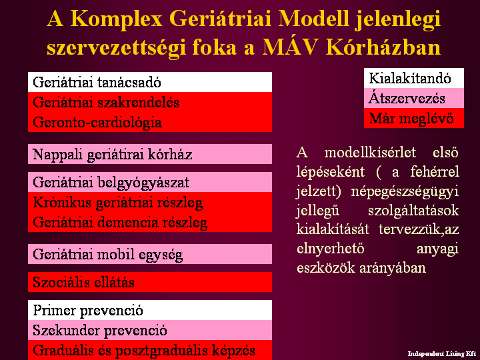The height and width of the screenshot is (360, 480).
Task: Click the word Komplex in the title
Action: [116, 19]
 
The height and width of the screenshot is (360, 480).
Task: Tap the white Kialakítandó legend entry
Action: [414, 78]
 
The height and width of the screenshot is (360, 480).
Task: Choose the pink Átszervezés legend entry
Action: [414, 98]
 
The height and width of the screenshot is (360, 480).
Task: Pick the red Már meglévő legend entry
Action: [414, 118]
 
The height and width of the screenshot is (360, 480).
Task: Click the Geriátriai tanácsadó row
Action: [150, 82]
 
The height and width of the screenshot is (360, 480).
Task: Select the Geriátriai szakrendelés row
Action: [150, 102]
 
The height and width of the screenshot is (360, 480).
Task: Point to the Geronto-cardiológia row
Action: [150, 122]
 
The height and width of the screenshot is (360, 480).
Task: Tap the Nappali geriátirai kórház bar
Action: [150, 154]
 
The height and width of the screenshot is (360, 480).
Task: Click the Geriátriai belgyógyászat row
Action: [150, 182]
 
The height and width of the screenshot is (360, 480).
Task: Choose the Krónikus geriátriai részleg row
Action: [150, 202]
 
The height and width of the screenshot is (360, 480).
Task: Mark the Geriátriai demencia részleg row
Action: [150, 222]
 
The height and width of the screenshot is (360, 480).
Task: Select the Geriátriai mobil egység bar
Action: [150, 254]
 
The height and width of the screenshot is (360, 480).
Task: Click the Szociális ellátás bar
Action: [150, 282]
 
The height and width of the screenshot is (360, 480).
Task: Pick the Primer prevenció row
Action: [150, 310]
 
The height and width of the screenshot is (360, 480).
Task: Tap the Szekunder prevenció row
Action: [150, 330]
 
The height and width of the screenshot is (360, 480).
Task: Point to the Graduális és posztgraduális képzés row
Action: [150, 350]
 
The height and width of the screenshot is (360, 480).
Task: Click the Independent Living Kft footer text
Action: [442, 354]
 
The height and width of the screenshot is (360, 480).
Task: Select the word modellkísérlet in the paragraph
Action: [370, 153]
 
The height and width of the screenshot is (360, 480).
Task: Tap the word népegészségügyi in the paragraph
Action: [405, 192]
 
